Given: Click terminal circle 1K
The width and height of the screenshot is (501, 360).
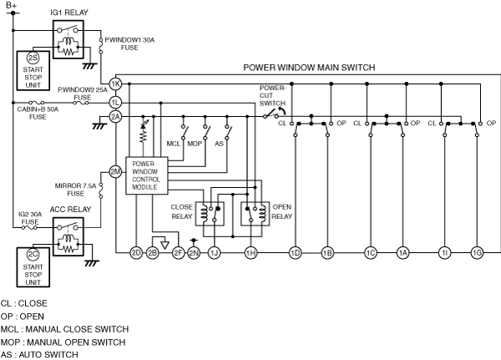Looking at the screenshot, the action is point(115,84).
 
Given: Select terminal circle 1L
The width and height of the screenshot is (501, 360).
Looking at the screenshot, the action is point(115,103).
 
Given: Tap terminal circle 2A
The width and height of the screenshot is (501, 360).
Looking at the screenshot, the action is point(115,117).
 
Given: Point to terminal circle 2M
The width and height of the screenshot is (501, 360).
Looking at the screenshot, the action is point(115,172).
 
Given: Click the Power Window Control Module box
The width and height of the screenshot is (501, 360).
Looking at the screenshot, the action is point(147,175).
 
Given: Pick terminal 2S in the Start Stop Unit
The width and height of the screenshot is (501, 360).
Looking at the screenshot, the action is point(33,58).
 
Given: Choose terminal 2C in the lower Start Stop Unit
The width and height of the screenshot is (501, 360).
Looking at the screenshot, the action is point(33,255).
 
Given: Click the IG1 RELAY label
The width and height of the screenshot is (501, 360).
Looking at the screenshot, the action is point(69,13).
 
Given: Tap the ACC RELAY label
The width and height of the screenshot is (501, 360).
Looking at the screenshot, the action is point(70,210).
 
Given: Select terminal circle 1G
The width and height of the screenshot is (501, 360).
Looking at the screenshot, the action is point(477,253).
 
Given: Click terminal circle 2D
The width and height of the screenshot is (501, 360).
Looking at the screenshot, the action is point(136,253).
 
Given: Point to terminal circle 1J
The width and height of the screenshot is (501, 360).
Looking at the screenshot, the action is point(214,253).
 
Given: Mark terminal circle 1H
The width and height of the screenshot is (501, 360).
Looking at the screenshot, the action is point(250,253).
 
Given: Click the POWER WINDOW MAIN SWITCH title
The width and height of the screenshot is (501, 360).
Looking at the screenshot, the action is point(309,68).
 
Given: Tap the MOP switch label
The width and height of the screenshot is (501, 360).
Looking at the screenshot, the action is point(195,144).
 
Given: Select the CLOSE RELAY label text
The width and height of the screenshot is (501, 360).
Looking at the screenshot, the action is point(182,211).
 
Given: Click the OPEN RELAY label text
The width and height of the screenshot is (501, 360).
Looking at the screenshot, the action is point(282,211).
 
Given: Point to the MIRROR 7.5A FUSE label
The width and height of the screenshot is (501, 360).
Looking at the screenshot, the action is point(75,190).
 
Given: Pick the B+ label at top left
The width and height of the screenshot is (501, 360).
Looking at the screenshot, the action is point(12,5).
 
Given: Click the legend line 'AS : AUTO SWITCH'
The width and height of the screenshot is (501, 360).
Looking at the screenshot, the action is point(39,355).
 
